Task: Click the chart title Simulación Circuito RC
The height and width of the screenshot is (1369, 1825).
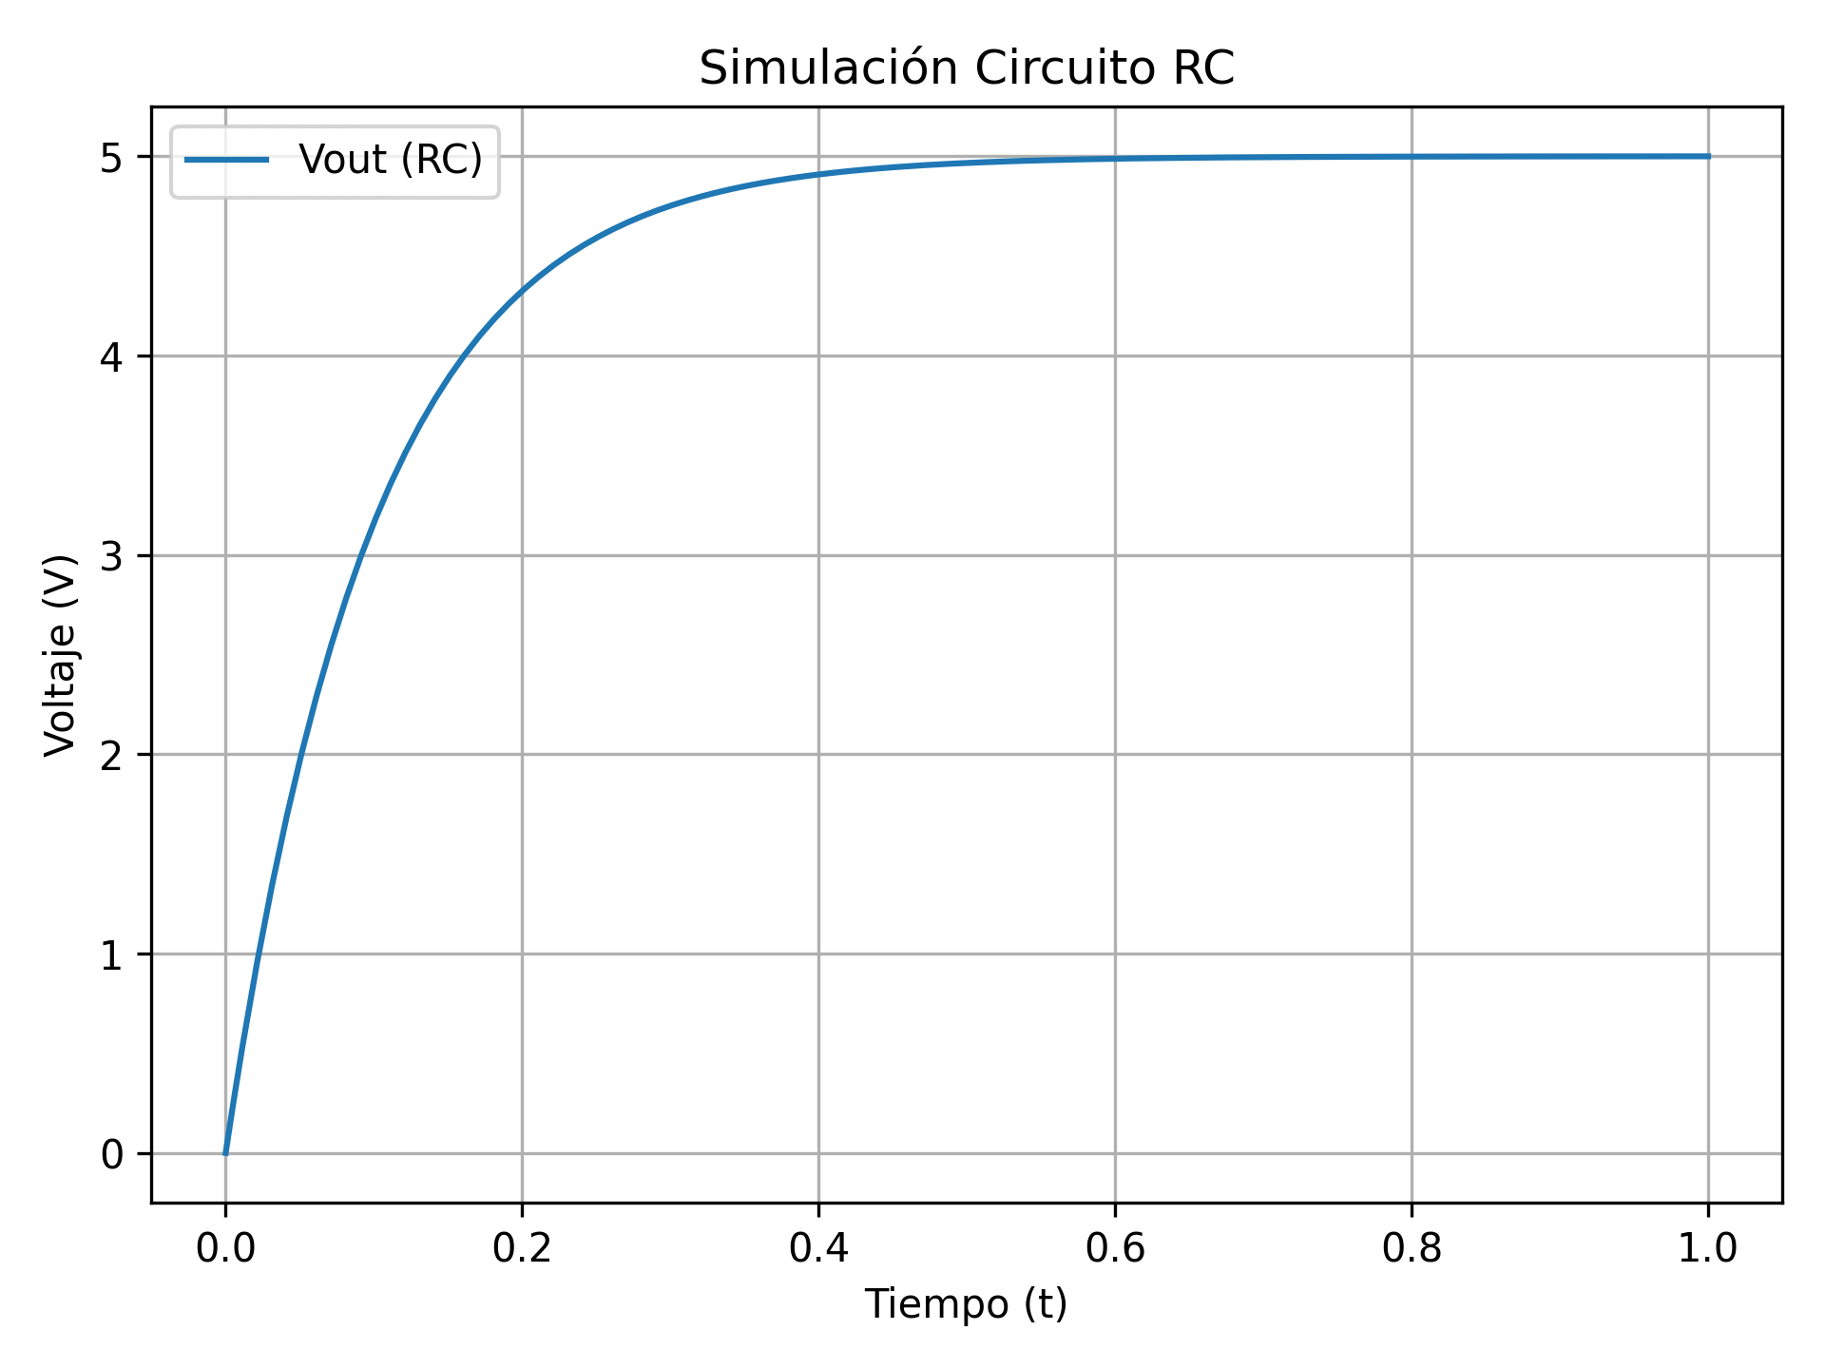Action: pos(966,69)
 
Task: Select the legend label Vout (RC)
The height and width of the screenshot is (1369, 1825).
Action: pos(391,160)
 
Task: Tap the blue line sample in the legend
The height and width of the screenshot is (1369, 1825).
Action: pos(226,160)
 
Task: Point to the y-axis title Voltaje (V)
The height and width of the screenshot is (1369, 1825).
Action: pos(61,655)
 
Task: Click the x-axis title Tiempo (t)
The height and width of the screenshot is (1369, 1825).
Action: pos(966,1303)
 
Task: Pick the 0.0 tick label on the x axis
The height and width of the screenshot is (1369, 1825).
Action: pos(225,1248)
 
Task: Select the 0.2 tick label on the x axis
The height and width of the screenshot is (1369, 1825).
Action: pos(522,1248)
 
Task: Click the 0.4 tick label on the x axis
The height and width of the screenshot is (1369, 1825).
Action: pos(818,1248)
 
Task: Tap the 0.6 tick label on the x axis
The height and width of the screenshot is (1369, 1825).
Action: pos(1115,1248)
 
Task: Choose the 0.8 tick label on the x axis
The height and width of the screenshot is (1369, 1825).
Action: pos(1412,1248)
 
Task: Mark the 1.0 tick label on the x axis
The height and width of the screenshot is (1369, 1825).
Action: pos(1708,1248)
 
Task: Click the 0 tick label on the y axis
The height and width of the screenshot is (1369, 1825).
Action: pos(113,1154)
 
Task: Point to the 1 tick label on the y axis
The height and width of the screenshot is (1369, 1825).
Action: pos(113,954)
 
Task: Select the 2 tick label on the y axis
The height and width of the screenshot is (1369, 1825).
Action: pos(113,755)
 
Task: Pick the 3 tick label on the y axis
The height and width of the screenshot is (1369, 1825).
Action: pos(113,556)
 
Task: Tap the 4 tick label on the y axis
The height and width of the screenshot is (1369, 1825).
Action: pos(113,357)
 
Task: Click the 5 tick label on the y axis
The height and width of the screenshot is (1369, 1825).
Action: pos(113,157)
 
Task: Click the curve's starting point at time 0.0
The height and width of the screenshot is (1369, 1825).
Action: pos(225,1153)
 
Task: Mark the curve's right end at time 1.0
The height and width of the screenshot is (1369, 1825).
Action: pos(1708,156)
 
